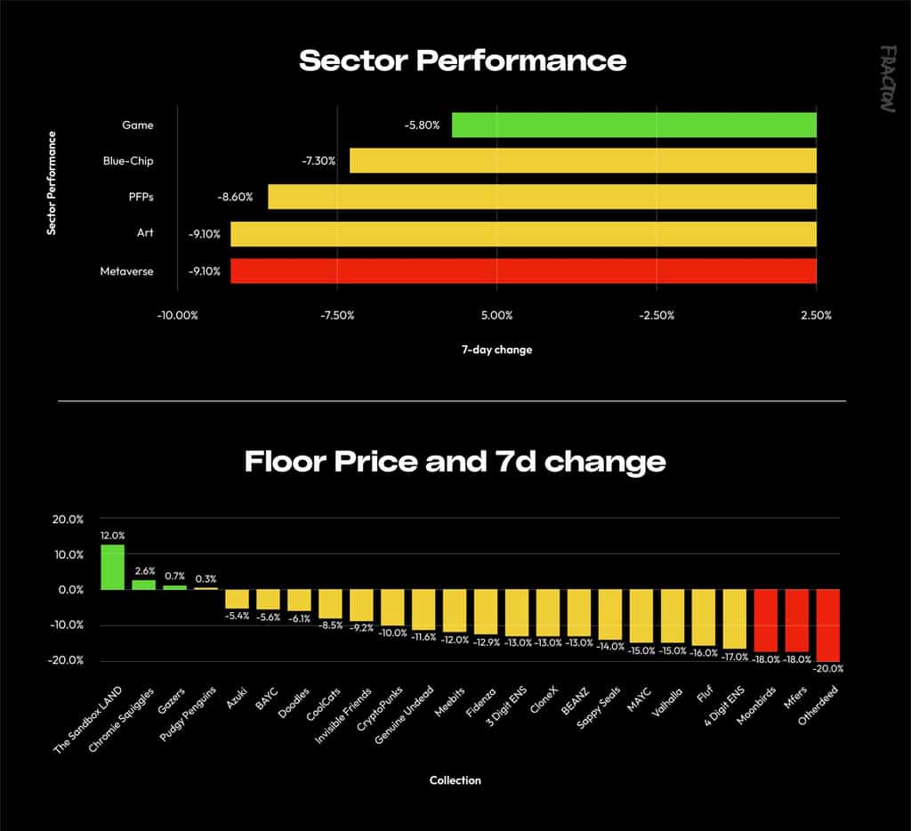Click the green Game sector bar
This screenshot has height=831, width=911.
pos(633,125)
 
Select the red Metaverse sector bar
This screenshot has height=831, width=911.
pos(523,270)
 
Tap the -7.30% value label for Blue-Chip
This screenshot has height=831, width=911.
pos(318,161)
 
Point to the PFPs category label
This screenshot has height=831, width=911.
pos(141,197)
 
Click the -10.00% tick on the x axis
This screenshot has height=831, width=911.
pos(177,315)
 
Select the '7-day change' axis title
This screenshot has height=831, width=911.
pos(496,350)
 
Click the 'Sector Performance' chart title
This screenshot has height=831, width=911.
pos(463,61)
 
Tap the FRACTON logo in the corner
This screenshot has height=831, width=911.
pos(887,79)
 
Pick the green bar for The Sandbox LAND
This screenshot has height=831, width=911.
pos(112,567)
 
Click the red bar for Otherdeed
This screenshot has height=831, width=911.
pos(828,625)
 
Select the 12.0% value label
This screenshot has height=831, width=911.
pos(112,536)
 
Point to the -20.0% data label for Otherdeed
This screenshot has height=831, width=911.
pos(828,668)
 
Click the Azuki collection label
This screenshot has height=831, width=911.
pos(237,698)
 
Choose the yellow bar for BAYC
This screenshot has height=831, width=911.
pos(268,599)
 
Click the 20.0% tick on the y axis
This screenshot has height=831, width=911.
pos(68,519)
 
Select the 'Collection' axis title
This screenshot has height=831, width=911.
pos(455,780)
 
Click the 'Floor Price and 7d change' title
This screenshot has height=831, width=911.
pos(455,462)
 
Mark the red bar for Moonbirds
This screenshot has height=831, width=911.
pos(766,621)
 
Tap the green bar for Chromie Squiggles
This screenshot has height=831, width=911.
pos(143,585)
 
